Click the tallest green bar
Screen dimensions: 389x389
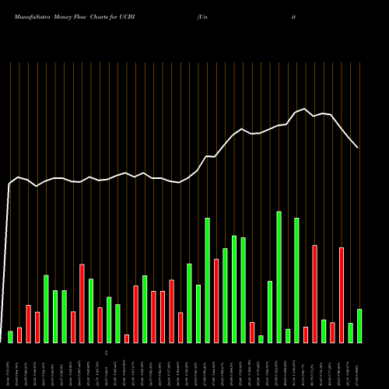pos(279,276)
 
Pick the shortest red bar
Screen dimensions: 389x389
pos(127,338)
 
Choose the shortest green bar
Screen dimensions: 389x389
pos(261,338)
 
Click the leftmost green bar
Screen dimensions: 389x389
pos(10,336)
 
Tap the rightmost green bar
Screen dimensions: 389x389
pos(359,325)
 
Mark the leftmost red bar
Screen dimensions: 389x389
pos(19,335)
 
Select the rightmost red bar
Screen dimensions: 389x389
pos(342,295)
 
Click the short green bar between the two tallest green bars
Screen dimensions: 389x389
pos(288,335)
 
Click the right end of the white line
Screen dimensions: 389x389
pos(358,147)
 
